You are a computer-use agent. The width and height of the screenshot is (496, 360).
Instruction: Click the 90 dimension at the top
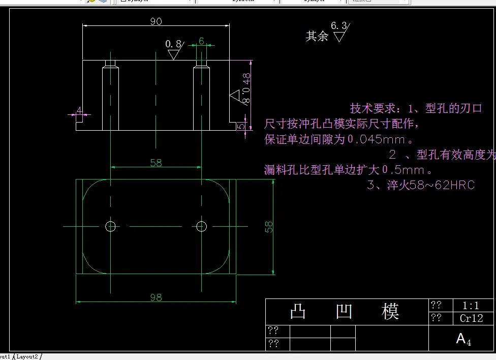[156, 21]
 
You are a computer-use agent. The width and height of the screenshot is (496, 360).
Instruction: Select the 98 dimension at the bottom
[156, 297]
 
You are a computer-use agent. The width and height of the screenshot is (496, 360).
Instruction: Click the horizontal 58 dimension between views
[156, 163]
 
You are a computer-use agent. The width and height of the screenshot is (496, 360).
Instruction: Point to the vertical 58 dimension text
[269, 226]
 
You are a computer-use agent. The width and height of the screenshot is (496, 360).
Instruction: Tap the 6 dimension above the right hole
[201, 41]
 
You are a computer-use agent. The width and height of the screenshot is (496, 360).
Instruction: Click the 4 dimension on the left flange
[79, 110]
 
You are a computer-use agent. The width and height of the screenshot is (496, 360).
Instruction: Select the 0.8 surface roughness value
[173, 44]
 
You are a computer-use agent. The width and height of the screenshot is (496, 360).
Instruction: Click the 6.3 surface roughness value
[338, 25]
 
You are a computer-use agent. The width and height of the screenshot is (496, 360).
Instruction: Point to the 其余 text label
[317, 36]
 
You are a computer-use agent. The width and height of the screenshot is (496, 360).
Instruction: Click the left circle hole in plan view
[110, 226]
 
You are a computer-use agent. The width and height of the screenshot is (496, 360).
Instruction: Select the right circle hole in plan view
[201, 226]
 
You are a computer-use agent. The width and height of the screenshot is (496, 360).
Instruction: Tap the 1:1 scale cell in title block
[471, 306]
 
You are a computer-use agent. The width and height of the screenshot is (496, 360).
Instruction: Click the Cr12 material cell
[471, 319]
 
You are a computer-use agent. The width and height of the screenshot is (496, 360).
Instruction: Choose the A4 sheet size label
[463, 339]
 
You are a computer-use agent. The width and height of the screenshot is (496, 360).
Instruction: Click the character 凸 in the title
[298, 311]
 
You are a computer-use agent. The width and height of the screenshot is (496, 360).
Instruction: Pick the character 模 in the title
[390, 311]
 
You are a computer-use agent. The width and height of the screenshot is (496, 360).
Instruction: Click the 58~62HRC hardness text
[442, 185]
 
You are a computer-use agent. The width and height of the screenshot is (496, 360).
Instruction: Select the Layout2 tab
[27, 356]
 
